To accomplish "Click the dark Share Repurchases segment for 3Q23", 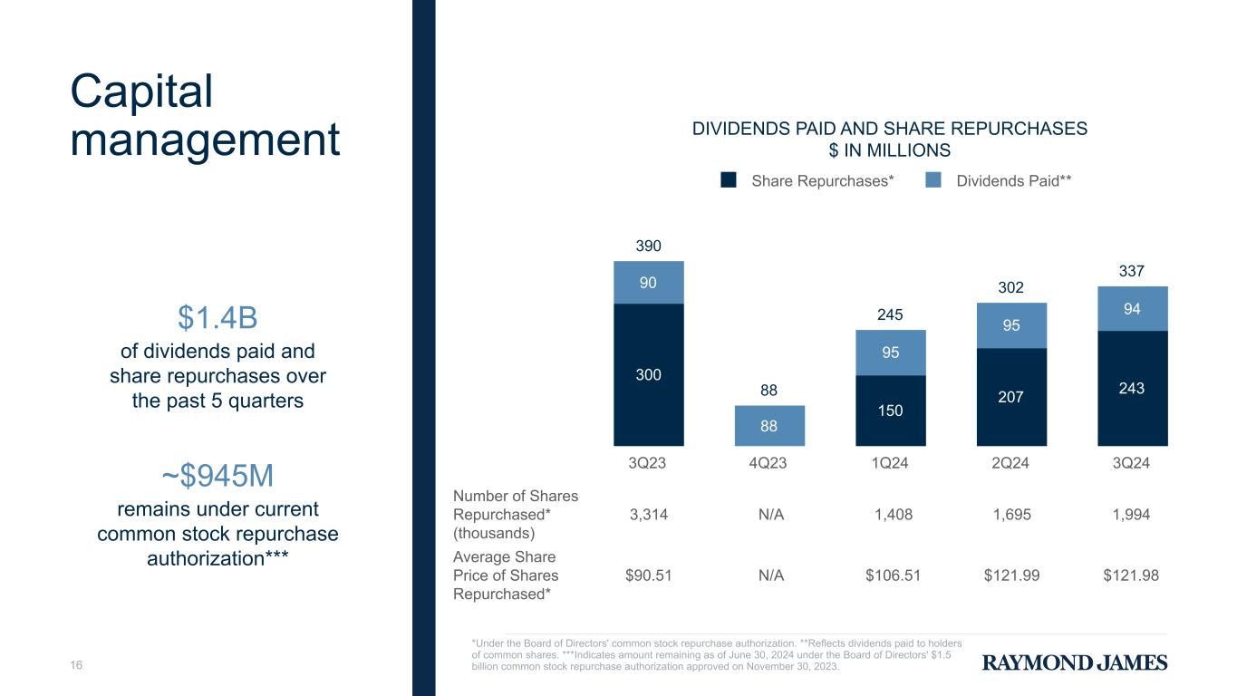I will (x=648, y=374).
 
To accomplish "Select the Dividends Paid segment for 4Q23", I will (x=769, y=425).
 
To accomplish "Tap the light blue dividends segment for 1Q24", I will (x=891, y=353).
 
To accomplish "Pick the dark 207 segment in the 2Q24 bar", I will (x=1011, y=396).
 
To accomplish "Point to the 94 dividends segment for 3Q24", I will (x=1132, y=308).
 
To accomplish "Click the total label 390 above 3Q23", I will (x=648, y=246).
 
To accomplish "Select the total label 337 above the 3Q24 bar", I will (x=1132, y=271).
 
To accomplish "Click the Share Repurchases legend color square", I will (x=729, y=180).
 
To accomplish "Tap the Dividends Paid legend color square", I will (x=933, y=180).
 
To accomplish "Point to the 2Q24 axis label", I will (x=1011, y=463).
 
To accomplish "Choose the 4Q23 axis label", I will (x=769, y=463).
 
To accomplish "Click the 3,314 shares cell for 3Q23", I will (x=648, y=515).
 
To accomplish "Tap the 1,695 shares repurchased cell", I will (x=1011, y=515).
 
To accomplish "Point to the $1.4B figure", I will (x=217, y=318).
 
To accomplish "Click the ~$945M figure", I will (x=217, y=475).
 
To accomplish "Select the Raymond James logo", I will (x=1075, y=662).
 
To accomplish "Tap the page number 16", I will (x=77, y=666).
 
